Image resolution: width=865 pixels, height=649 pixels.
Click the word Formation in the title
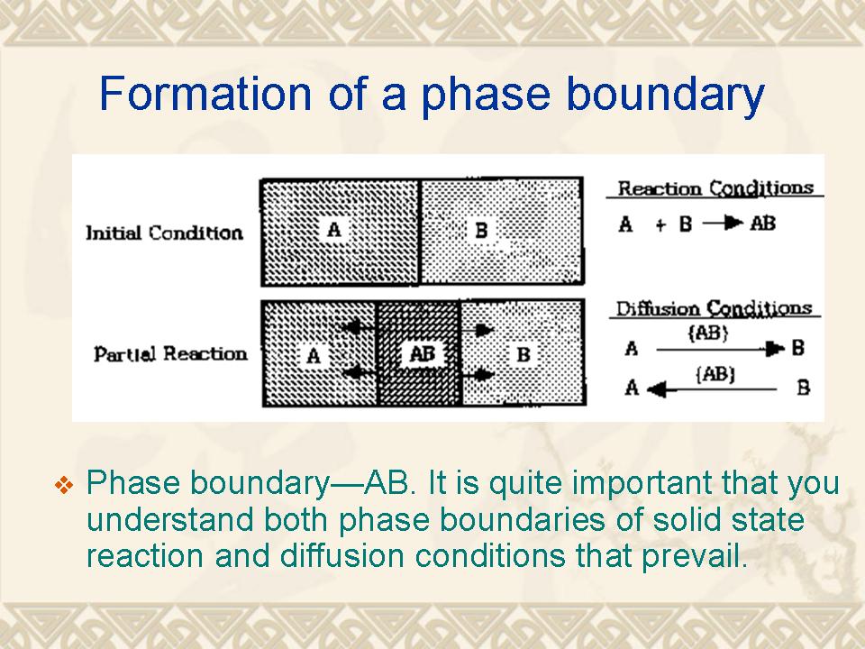pyautogui.click(x=205, y=93)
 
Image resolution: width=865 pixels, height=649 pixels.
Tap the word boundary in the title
pyautogui.click(x=665, y=93)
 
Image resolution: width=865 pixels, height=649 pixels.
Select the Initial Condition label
pyautogui.click(x=164, y=233)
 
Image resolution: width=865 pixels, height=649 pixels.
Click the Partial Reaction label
pyautogui.click(x=170, y=353)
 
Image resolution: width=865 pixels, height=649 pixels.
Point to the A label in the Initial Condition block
pyautogui.click(x=333, y=228)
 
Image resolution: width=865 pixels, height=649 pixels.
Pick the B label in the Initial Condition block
pyautogui.click(x=481, y=230)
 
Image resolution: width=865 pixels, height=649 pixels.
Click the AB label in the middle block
pyautogui.click(x=422, y=353)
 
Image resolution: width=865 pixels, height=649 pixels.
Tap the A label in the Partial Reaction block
pyautogui.click(x=314, y=355)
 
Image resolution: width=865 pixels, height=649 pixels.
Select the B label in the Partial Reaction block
pyautogui.click(x=524, y=354)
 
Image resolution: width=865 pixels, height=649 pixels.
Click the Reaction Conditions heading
pyautogui.click(x=715, y=188)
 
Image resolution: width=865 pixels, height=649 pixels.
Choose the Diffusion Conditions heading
pyautogui.click(x=714, y=308)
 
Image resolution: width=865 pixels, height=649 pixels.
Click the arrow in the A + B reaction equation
pyautogui.click(x=723, y=223)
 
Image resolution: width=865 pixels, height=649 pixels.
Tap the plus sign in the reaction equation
pyautogui.click(x=660, y=224)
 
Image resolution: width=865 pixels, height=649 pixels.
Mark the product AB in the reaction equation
pyautogui.click(x=763, y=224)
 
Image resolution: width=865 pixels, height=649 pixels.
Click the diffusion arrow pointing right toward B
pyautogui.click(x=720, y=350)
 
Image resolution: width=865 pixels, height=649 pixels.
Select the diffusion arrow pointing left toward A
pyautogui.click(x=712, y=389)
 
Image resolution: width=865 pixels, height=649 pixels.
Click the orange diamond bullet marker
pyautogui.click(x=64, y=485)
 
